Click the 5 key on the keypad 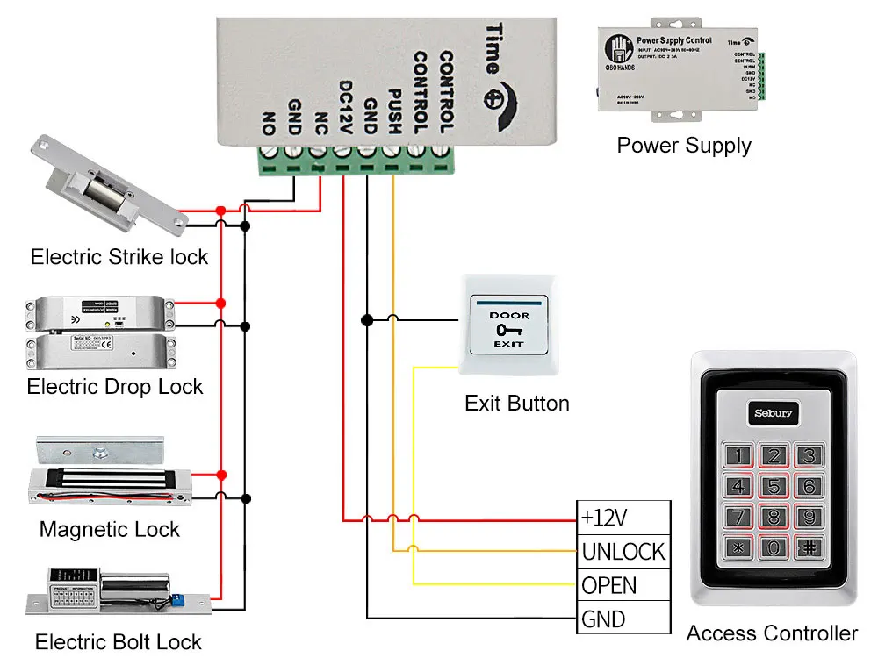coord(773,485)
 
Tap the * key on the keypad coord(738,548)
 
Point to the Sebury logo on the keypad coord(773,412)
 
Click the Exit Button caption coord(516,404)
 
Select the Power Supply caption coord(684,145)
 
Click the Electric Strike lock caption coord(119,257)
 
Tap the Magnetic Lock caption coord(109,530)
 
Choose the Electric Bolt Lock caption coord(118,642)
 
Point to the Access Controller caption coord(772,633)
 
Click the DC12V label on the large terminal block coord(345,108)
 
